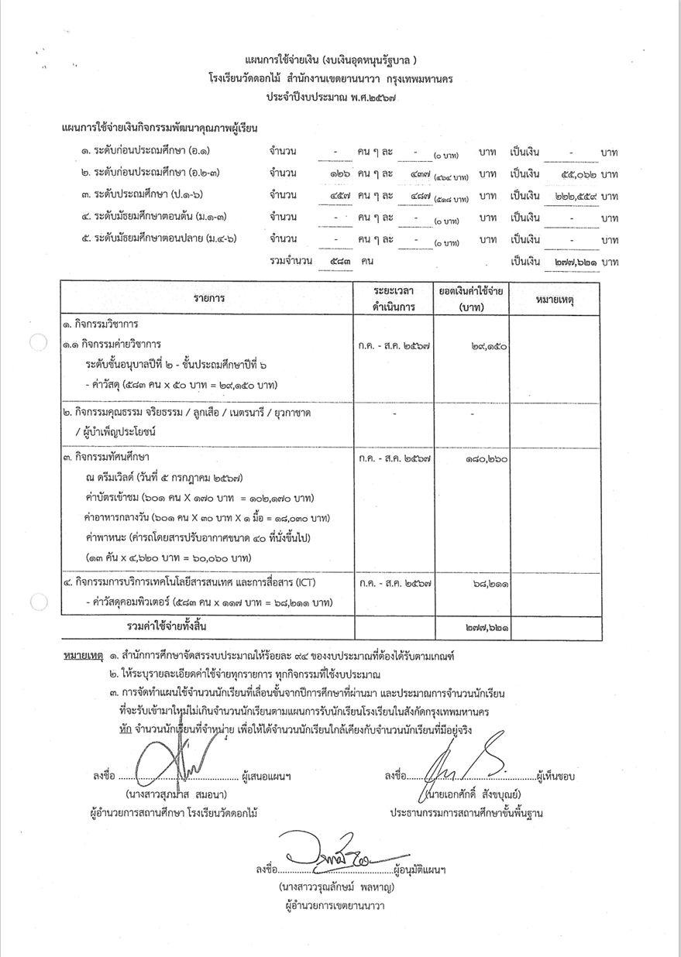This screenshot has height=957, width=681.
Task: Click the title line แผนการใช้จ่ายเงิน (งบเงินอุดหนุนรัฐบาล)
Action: pos(341,60)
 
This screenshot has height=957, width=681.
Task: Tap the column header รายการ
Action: pos(205,298)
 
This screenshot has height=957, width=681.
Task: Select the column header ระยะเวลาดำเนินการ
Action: pos(394,298)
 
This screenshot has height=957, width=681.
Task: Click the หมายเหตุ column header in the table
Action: pos(559,298)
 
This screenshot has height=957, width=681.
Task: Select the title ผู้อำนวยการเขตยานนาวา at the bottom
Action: pos(335,905)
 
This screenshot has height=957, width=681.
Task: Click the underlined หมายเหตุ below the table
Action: pos(81,655)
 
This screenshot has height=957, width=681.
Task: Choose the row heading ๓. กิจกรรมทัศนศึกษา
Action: pos(106,459)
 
